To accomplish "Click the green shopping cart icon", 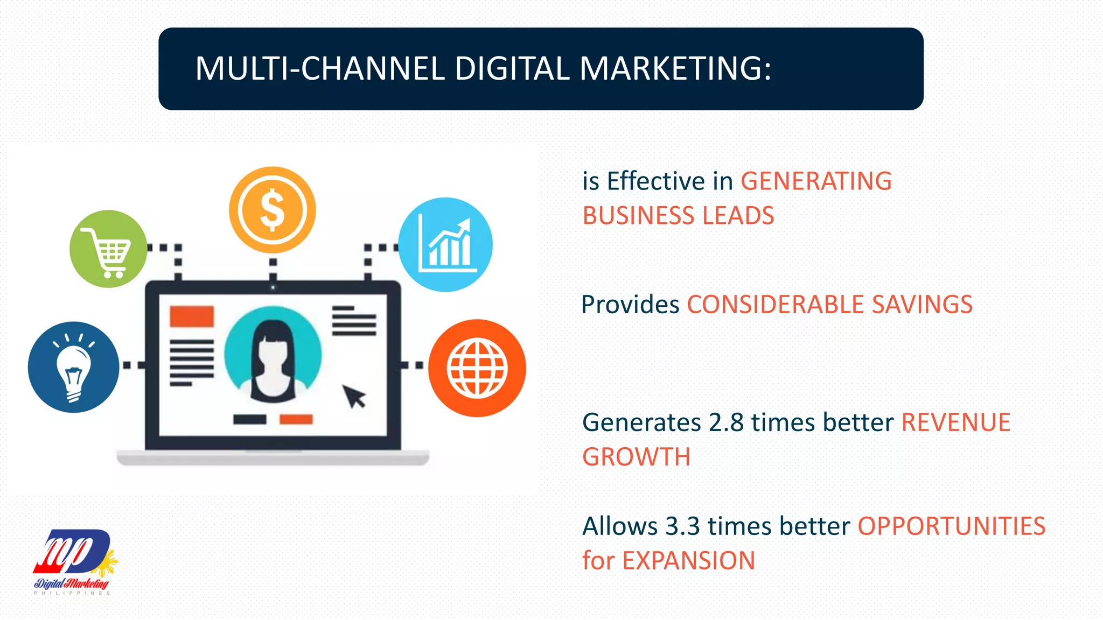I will tap(108, 249).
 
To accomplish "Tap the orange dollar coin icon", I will tap(273, 210).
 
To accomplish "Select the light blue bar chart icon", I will tap(445, 245).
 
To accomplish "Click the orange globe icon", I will tap(477, 368).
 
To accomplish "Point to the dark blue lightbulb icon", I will tap(74, 368).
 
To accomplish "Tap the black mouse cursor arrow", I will tap(354, 396).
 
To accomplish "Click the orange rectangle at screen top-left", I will tap(192, 316).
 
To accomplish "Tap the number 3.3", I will tap(682, 526).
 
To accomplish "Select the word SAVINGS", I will tap(922, 305).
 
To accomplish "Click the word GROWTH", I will tap(636, 457).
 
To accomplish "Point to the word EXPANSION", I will tap(689, 561).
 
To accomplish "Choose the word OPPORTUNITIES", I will tap(951, 526).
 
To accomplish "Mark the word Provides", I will tap(630, 305).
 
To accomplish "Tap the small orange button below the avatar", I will tap(296, 419).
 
